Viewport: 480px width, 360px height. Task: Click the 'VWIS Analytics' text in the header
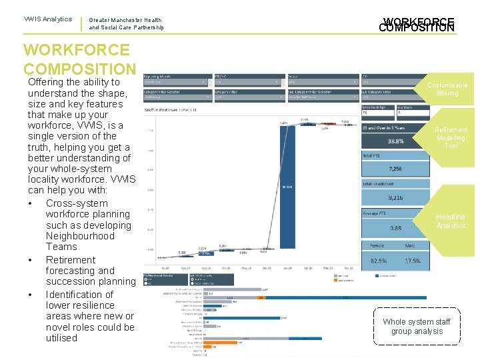47,19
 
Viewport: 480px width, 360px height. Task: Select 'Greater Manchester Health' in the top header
125,21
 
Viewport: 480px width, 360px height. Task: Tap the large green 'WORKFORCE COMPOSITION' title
79,59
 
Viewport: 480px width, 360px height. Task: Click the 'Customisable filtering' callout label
447,89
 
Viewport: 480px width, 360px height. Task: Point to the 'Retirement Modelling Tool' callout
451,137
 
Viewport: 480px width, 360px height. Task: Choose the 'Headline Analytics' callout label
451,221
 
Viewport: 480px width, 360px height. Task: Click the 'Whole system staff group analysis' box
417,327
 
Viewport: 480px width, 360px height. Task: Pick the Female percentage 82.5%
378,261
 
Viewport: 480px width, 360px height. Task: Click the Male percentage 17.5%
413,261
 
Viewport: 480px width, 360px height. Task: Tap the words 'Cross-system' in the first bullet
77,203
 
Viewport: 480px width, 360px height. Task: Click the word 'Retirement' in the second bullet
71,260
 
